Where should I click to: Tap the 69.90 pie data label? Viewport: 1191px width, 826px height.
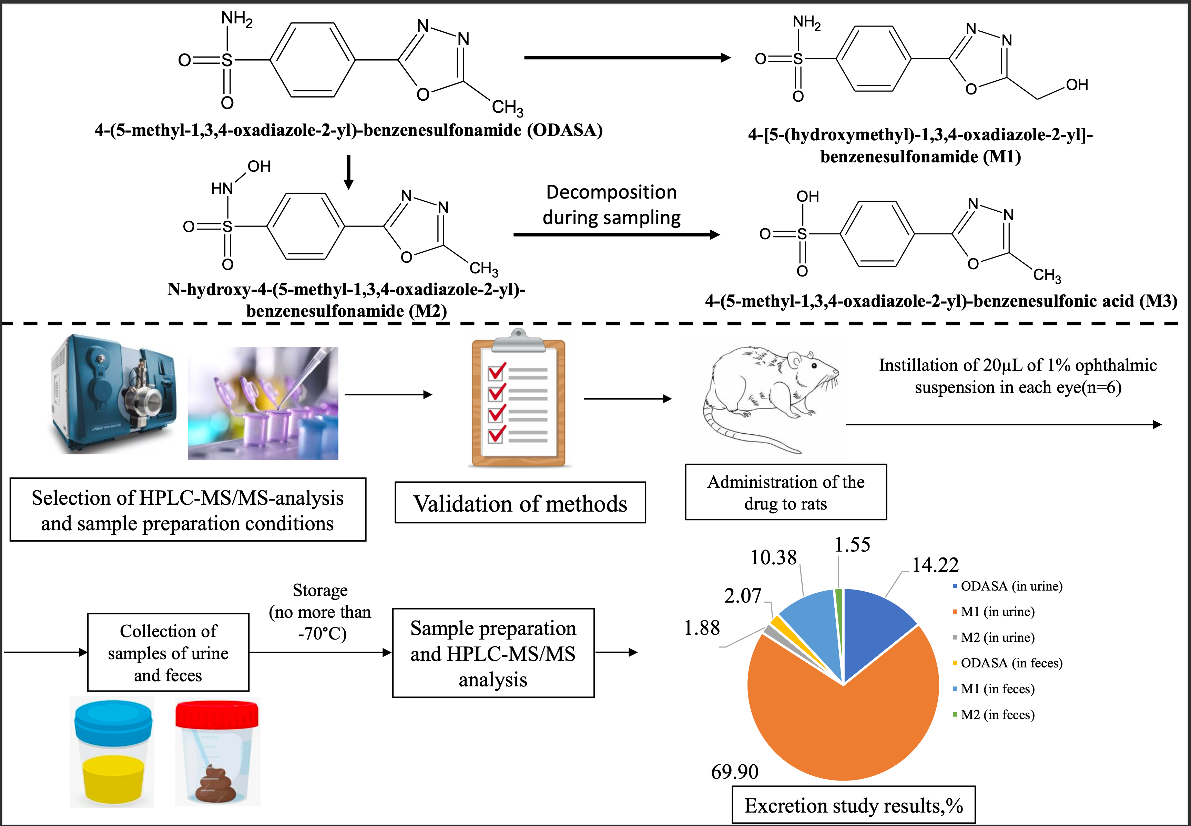[735, 772]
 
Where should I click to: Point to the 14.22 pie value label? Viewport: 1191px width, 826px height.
[935, 565]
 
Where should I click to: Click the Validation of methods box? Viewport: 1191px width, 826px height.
[520, 503]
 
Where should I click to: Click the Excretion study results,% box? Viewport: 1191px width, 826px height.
[853, 805]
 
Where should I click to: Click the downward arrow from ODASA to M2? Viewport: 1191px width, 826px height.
[349, 172]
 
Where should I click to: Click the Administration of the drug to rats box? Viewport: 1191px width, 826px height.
[785, 492]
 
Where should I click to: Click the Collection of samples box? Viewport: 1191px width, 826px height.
[168, 653]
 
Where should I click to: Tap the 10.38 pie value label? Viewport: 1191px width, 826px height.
[773, 557]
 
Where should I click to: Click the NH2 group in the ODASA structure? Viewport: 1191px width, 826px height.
[236, 19]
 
